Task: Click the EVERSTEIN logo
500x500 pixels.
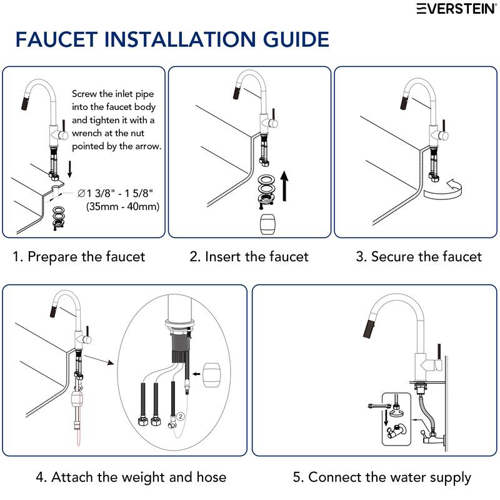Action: pos(457,9)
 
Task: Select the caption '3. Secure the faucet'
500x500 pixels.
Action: pos(419,256)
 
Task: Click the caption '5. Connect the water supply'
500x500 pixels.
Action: pos(382,477)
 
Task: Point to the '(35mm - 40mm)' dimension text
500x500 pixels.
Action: pos(122,206)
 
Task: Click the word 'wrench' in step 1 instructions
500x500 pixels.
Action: pos(89,133)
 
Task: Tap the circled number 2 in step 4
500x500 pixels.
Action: pos(181,414)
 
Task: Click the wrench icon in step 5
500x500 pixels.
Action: pos(377,407)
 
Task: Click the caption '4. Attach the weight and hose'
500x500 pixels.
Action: pos(131,477)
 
